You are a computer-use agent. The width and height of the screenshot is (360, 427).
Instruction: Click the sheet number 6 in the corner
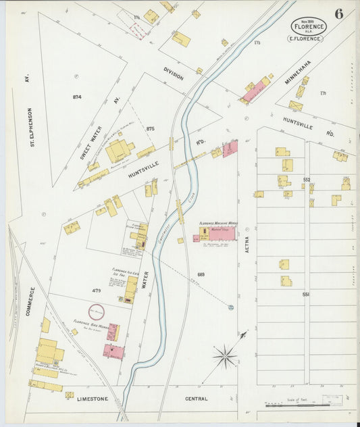pyautogui.click(x=337, y=14)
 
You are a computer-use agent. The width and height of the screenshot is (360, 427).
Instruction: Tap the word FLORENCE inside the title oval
pyautogui.click(x=309, y=26)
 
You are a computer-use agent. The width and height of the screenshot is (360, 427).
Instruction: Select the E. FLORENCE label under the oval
pyautogui.click(x=306, y=39)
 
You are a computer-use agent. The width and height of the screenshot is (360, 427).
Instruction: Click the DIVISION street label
pyautogui.click(x=174, y=74)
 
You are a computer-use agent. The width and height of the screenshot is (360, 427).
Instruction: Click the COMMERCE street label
pyautogui.click(x=30, y=302)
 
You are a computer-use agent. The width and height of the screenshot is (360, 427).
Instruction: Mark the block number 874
pyautogui.click(x=77, y=97)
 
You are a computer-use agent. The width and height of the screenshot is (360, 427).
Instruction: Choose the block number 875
pyautogui.click(x=150, y=128)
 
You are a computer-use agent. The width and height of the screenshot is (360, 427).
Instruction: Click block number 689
pyautogui.click(x=201, y=274)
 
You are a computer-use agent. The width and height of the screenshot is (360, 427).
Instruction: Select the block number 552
pyautogui.click(x=307, y=179)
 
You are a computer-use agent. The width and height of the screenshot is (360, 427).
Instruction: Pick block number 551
pyautogui.click(x=306, y=295)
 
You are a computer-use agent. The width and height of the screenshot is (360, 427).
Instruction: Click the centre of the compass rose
pyautogui.click(x=225, y=354)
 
